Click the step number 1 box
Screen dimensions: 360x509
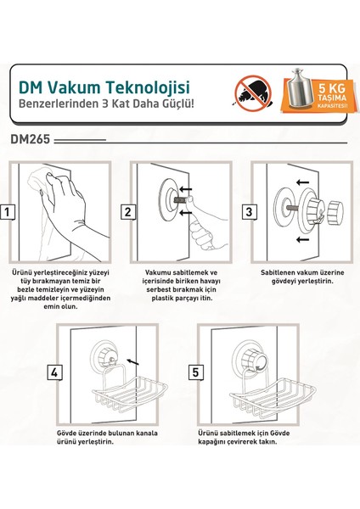(x=7, y=212)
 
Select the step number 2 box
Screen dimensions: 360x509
(x=128, y=212)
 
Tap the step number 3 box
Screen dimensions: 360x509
(x=249, y=212)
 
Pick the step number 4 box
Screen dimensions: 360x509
(x=54, y=372)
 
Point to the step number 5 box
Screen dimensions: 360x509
(x=195, y=372)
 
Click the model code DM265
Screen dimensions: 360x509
(x=31, y=139)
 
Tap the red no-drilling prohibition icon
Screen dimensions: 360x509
(x=253, y=93)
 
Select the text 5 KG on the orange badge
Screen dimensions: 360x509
(x=331, y=88)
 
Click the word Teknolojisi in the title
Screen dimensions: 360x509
(x=148, y=87)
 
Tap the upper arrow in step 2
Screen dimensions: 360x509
(x=186, y=189)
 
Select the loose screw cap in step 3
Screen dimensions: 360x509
(x=335, y=213)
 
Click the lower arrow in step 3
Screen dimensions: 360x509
(x=302, y=240)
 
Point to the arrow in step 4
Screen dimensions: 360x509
(x=133, y=361)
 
